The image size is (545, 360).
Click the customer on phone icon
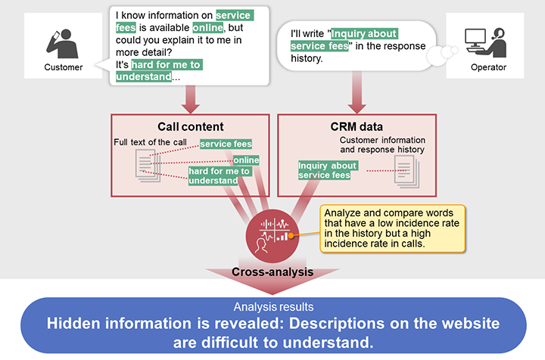63,44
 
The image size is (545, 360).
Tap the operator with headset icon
486,42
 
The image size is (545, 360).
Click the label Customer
64,67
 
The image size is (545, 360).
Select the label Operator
488,67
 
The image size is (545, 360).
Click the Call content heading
191,127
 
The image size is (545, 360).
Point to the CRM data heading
357,127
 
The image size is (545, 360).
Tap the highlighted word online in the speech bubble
208,28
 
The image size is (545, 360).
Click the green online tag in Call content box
246,160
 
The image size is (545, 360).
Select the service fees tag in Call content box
226,144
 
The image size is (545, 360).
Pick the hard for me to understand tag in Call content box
219,175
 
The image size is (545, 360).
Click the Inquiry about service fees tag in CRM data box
328,170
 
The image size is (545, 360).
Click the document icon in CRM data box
406,171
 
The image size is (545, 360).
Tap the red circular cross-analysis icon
272,236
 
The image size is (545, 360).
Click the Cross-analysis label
272,272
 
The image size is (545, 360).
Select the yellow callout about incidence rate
392,228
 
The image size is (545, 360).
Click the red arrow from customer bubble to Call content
191,100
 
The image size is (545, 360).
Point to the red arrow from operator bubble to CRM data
357,93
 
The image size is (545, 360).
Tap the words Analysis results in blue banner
273,307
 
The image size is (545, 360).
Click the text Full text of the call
150,142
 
